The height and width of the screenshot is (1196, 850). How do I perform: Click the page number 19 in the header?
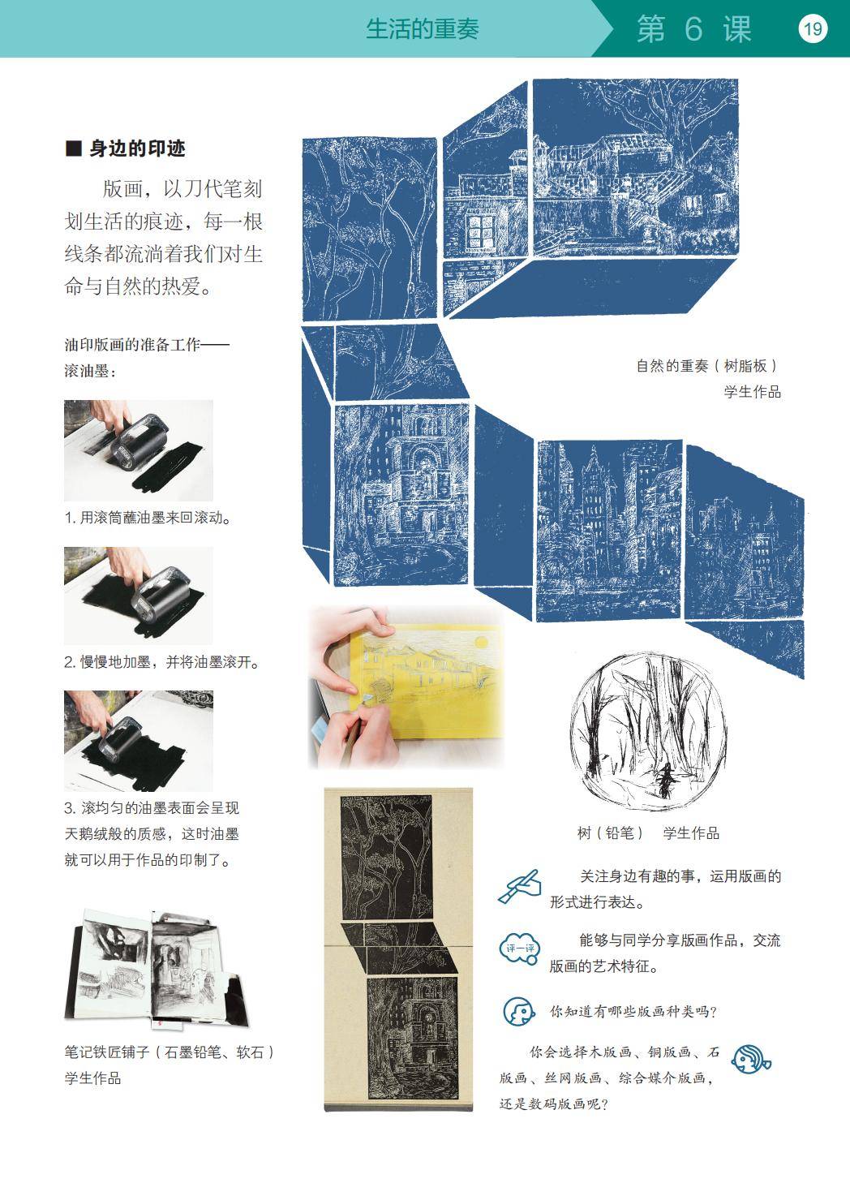(813, 28)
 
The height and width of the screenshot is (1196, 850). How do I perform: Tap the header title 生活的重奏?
(422, 29)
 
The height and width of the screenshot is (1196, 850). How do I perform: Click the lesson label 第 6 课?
(694, 29)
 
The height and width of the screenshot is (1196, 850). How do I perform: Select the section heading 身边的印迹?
(137, 148)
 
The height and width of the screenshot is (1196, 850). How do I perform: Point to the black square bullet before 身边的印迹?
(73, 148)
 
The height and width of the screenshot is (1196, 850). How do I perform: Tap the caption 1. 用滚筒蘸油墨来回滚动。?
(148, 518)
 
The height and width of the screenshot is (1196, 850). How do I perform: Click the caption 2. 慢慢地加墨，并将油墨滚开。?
(161, 662)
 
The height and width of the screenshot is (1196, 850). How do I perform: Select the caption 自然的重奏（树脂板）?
(707, 366)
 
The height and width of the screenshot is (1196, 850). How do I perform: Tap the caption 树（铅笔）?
(612, 832)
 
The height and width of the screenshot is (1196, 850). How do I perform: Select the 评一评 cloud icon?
(520, 949)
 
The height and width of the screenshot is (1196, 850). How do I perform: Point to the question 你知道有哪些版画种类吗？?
(633, 1011)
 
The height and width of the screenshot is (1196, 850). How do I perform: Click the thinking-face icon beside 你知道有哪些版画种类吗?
(518, 1011)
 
